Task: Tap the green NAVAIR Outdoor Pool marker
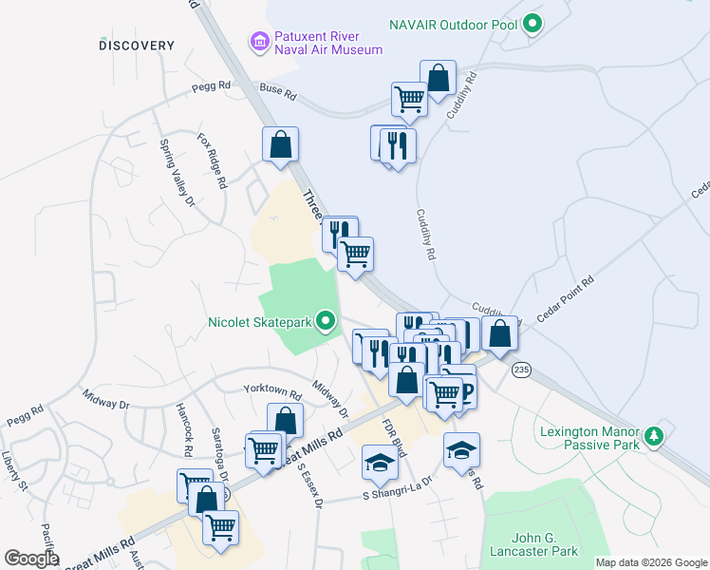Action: click(x=533, y=23)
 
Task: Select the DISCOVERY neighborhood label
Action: click(x=137, y=46)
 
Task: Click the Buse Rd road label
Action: click(x=278, y=94)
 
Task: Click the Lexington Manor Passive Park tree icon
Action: click(x=653, y=437)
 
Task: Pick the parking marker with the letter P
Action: click(x=464, y=391)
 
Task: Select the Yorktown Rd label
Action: click(x=272, y=391)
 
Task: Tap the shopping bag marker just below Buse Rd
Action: click(x=281, y=145)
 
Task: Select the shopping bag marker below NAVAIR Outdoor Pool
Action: click(x=438, y=79)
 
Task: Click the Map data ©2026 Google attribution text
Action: click(x=650, y=563)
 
